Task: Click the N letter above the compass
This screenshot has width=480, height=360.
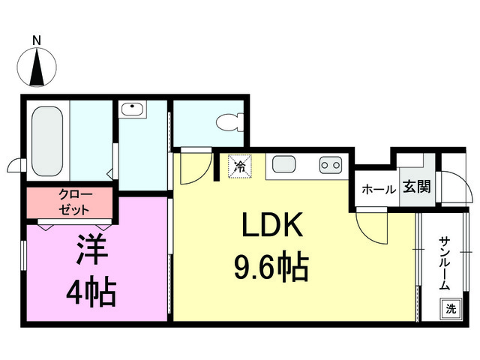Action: [37, 40]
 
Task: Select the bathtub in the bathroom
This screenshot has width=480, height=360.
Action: [47, 141]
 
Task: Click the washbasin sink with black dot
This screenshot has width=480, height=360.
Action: [132, 109]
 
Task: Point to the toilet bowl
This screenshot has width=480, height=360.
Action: [229, 122]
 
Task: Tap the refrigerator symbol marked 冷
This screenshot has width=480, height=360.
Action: [240, 166]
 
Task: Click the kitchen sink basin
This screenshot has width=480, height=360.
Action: [284, 163]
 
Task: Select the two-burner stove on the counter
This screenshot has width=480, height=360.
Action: [331, 165]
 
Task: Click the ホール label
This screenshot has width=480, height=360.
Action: [379, 190]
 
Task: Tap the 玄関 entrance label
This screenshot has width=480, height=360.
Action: [417, 187]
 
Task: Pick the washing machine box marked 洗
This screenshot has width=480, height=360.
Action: [451, 308]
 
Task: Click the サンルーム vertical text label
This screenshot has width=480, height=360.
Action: [445, 263]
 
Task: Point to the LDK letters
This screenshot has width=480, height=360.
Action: [272, 225]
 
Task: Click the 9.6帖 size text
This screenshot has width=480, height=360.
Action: [271, 266]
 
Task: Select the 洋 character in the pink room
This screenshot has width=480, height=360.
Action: [91, 249]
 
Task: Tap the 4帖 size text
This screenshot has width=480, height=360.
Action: [91, 292]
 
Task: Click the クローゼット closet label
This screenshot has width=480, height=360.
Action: [74, 202]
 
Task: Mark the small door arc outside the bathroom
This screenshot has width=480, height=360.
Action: [14, 165]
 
